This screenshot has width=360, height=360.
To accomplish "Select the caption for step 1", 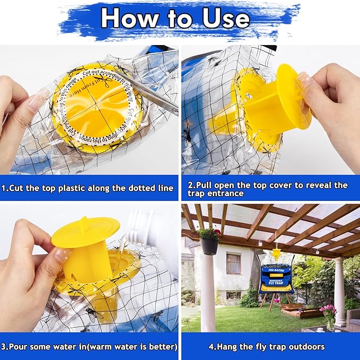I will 88,188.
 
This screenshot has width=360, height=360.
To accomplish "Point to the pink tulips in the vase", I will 329,312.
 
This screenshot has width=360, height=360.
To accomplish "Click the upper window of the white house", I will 233,263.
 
